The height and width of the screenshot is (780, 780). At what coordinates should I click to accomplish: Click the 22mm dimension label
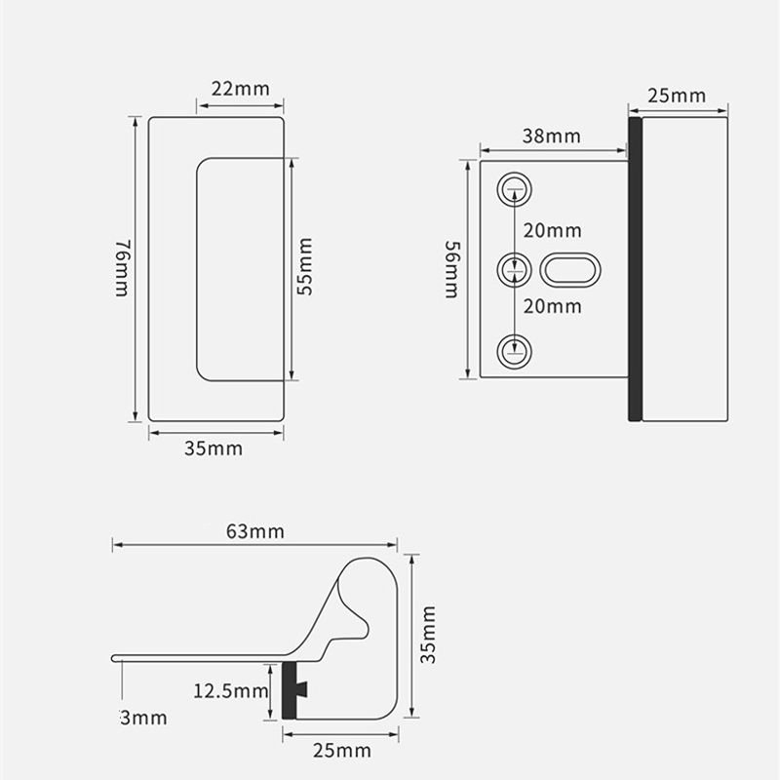tap(240, 89)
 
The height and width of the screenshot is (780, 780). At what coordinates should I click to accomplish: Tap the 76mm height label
tap(123, 268)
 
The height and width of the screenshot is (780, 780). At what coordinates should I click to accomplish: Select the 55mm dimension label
tap(305, 266)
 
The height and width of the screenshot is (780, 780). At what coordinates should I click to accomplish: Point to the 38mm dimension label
tap(551, 136)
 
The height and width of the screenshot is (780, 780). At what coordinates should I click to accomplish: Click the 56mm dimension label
tap(452, 270)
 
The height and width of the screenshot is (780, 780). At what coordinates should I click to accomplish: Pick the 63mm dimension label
tap(255, 531)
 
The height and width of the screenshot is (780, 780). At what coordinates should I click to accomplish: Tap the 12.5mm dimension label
tap(230, 691)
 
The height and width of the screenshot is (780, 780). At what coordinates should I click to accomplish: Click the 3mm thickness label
tap(143, 718)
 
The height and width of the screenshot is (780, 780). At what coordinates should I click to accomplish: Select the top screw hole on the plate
tap(515, 189)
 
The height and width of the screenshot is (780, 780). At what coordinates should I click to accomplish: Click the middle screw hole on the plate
tap(515, 270)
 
